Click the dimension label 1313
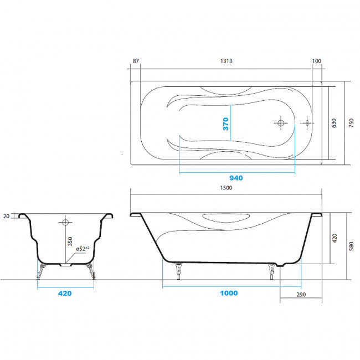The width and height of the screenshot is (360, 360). point(226,61)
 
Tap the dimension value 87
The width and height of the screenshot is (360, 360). point(136,61)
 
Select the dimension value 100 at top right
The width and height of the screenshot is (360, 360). point(317,61)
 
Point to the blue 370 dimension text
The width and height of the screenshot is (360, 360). point(225,124)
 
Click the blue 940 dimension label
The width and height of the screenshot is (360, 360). point(236,178)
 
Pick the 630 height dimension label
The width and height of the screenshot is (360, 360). point(334,123)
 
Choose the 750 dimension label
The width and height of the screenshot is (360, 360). point(351,123)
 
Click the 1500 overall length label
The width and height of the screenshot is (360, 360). point(226,188)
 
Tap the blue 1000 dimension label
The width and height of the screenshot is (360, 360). point(229,293)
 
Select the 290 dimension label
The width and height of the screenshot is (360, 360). point(301,295)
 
